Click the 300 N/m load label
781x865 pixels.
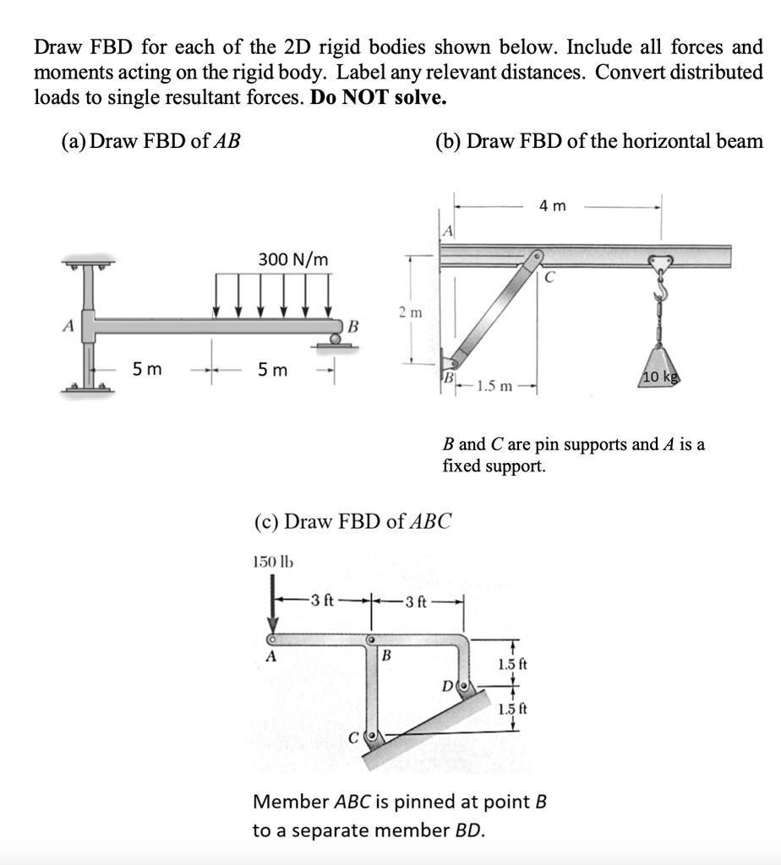tap(293, 259)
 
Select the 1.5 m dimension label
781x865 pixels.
tap(494, 387)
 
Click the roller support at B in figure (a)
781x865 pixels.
tap(336, 340)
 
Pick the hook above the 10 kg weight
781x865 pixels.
tap(661, 292)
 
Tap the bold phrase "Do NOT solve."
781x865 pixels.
tap(379, 97)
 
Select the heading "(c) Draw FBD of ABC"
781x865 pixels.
tap(352, 520)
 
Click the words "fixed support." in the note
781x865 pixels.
tap(494, 465)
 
